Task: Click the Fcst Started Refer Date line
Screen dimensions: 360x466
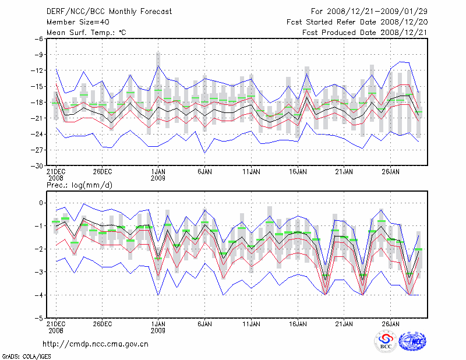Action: pos(357,22)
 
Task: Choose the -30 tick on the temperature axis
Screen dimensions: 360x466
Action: pos(37,166)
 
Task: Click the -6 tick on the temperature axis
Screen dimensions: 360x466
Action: pos(40,38)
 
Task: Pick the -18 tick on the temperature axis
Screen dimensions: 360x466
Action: pos(37,103)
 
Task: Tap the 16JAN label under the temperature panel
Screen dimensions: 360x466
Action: pos(298,172)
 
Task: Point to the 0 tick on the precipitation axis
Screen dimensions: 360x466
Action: pos(41,203)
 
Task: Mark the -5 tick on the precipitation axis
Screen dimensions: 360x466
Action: pos(40,319)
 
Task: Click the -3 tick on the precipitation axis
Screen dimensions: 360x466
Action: pos(40,272)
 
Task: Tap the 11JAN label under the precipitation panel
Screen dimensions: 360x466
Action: pos(251,324)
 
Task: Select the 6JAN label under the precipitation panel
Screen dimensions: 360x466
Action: pos(204,324)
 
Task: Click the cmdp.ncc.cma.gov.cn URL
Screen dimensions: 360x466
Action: pos(96,344)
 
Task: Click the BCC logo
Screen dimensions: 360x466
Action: pos(386,341)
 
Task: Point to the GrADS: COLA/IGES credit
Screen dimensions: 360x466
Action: pos(21,355)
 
